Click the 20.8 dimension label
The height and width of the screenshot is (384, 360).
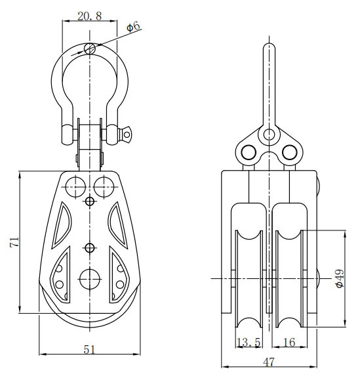coord(90,16)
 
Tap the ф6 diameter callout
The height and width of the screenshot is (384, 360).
coord(134,26)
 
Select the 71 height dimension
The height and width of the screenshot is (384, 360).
coord(14,242)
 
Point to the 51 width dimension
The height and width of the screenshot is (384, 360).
coord(89,349)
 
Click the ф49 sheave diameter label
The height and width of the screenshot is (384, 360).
coord(340,279)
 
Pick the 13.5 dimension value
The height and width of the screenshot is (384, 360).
coord(249,342)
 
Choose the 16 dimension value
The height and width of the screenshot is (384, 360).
coord(289,342)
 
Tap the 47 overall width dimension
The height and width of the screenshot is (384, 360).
coord(269,362)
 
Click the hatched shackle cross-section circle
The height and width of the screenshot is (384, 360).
coord(90,49)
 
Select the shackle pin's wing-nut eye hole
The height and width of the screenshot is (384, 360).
coord(127,135)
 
